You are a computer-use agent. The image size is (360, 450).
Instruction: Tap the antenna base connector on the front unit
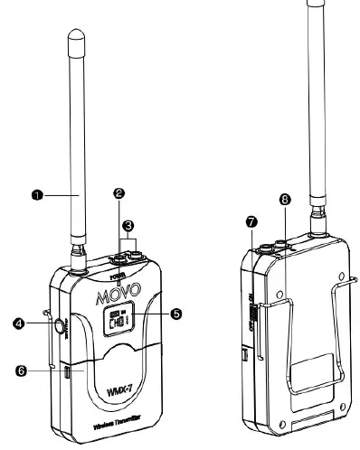[x=81, y=263]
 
